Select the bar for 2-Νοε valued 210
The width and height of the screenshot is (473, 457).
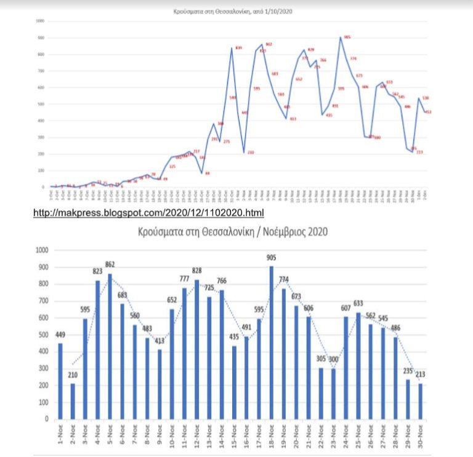tap(73, 401)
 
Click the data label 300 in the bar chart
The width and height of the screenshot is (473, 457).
tap(334, 360)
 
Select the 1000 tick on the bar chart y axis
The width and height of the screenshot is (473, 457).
tap(42, 250)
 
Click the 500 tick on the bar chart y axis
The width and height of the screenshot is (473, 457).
tap(43, 335)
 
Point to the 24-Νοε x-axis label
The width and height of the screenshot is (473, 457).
tap(346, 434)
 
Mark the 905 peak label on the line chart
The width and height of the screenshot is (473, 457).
tap(347, 37)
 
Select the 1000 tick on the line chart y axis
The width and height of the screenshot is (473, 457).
tap(41, 21)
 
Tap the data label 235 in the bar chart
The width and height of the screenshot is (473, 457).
tap(406, 372)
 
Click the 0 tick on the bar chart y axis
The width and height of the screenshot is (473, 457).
tap(47, 419)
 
